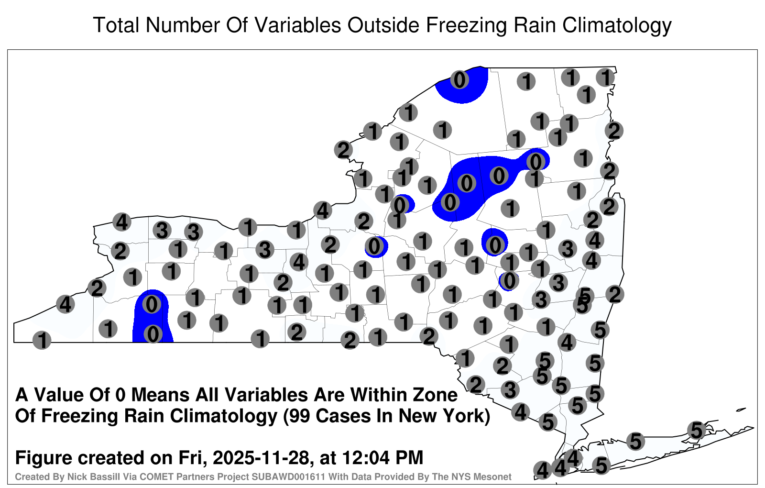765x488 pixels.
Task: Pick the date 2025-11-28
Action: [261, 457]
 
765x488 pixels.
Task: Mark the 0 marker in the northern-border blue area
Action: [459, 79]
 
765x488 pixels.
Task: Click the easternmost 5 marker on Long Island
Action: [696, 430]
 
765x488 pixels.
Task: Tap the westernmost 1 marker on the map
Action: [42, 340]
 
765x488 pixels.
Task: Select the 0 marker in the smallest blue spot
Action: [509, 281]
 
